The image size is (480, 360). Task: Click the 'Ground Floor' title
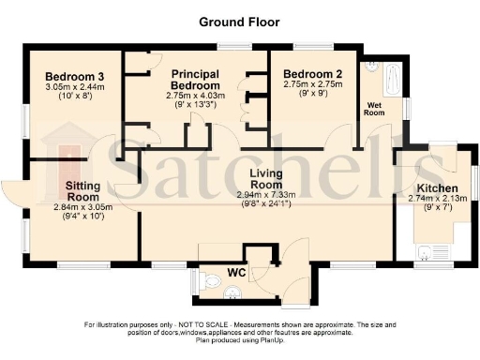click(x=239, y=20)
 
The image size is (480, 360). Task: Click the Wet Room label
click(x=376, y=107)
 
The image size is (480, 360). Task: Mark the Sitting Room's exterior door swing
click(x=17, y=192)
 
